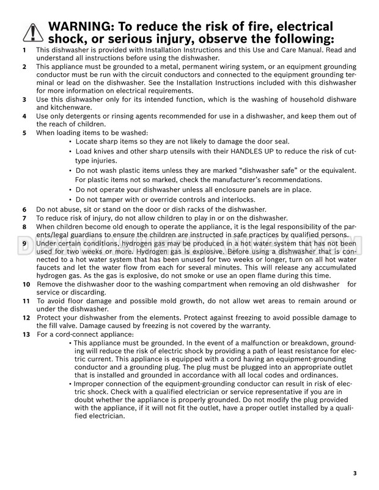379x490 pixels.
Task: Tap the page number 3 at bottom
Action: pos(355,472)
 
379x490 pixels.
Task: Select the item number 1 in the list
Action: pos(24,49)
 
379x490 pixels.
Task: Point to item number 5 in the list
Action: pos(24,133)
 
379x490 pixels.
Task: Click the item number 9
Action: pos(24,244)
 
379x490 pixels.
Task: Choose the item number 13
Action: pos(26,334)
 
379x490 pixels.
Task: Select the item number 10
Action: pos(26,285)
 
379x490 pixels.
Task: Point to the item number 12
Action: pos(26,318)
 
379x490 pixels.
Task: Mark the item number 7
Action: pos(24,218)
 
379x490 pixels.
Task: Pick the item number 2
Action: pos(24,66)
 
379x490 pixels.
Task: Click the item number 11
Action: pos(26,301)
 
